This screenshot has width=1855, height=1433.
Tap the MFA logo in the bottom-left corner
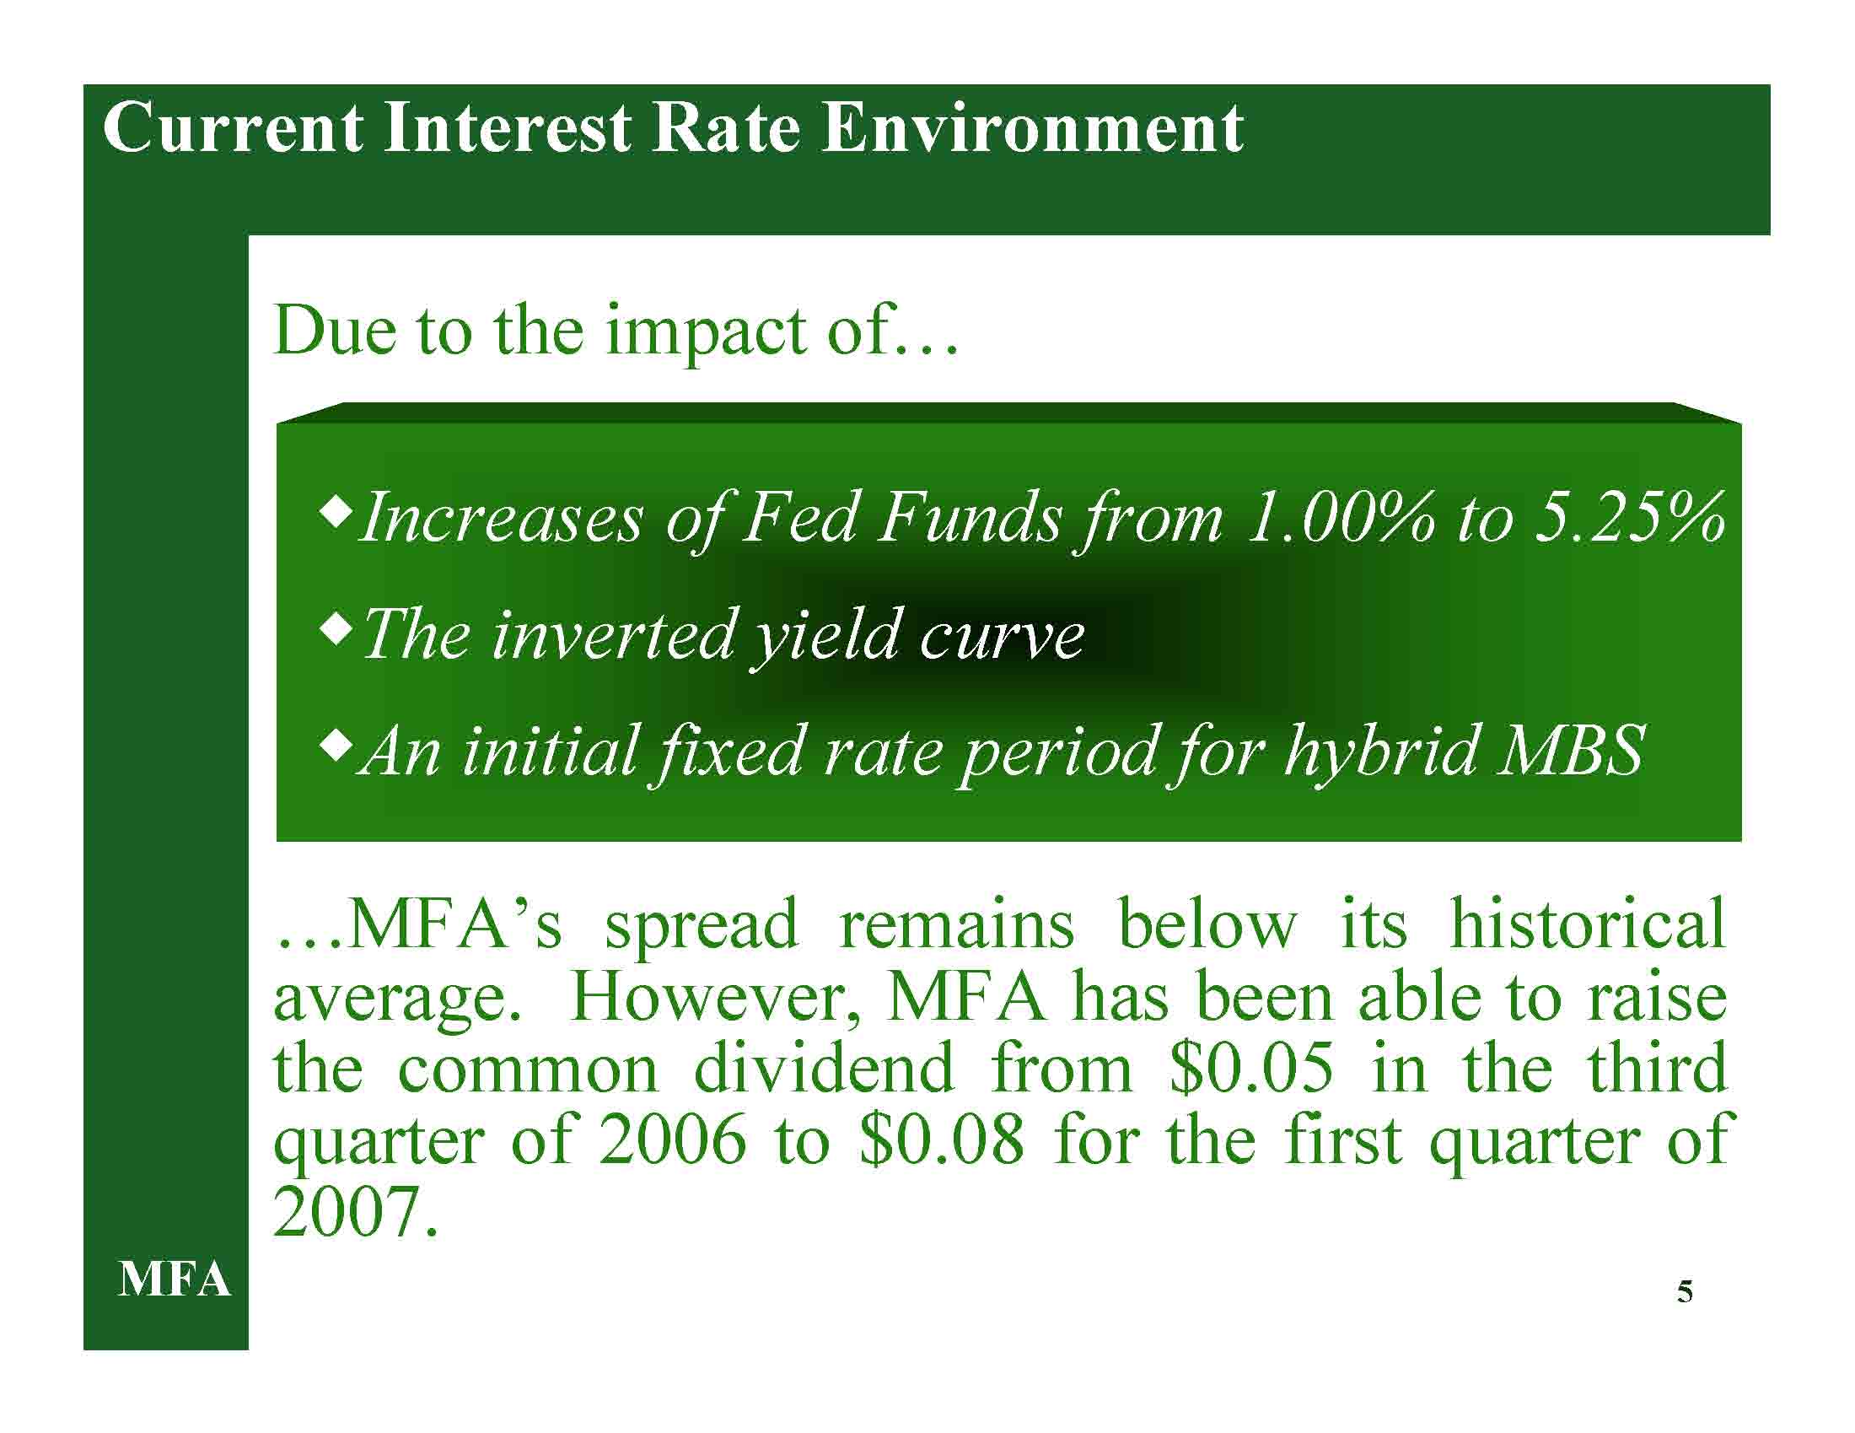[x=175, y=1279]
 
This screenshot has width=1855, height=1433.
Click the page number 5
[x=1686, y=1291]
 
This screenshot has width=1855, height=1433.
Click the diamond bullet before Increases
[x=337, y=512]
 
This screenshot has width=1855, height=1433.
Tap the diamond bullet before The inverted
[x=337, y=631]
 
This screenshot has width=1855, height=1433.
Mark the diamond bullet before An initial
[x=337, y=748]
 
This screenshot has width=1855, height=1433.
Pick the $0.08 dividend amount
[x=942, y=1141]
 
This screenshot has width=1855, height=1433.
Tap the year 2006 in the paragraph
[x=671, y=1141]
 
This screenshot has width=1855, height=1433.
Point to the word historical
[x=1588, y=924]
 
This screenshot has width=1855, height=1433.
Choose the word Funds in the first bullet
[x=971, y=517]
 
